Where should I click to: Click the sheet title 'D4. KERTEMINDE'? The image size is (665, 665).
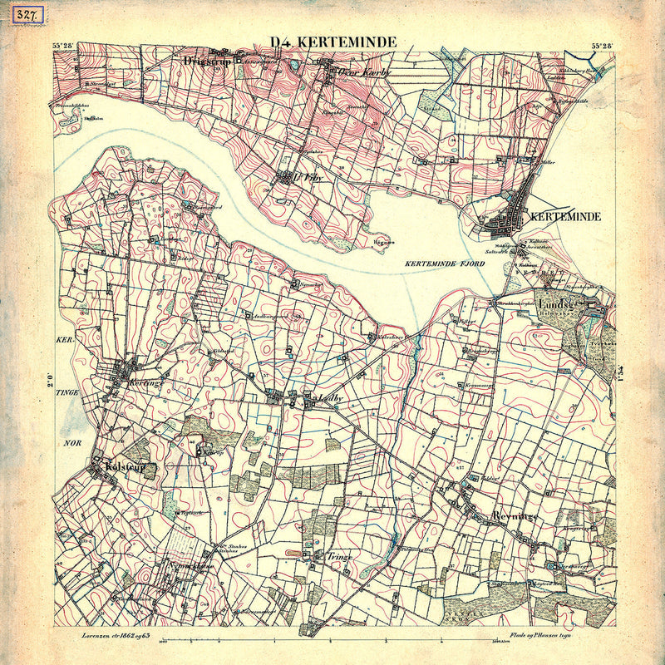click(x=333, y=42)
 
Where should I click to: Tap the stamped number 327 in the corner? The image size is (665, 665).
click(x=16, y=17)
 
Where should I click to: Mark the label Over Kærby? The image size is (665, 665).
click(x=366, y=72)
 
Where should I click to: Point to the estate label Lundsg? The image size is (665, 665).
click(x=556, y=304)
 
